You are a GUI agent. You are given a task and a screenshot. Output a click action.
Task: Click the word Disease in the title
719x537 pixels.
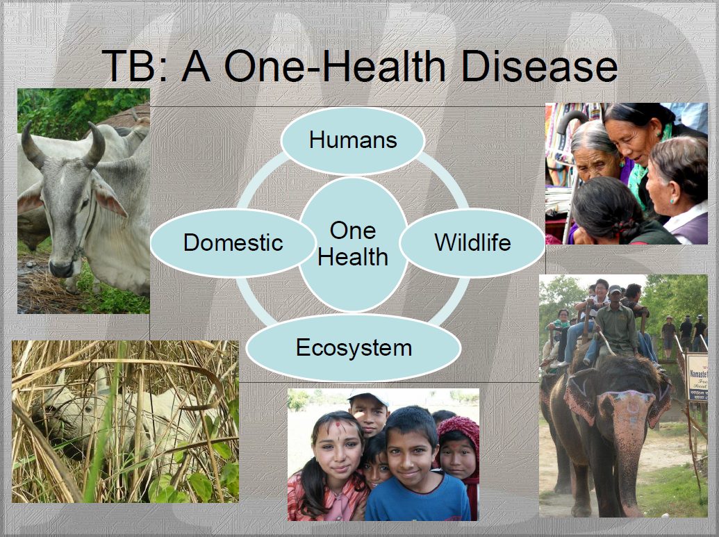pyautogui.click(x=539, y=67)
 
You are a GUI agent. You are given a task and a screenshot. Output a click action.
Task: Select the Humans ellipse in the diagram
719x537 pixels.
pyautogui.click(x=353, y=140)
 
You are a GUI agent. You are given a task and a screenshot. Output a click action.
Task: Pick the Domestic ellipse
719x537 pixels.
pyautogui.click(x=233, y=242)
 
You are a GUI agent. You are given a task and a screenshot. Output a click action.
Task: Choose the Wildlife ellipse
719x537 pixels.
pyautogui.click(x=472, y=242)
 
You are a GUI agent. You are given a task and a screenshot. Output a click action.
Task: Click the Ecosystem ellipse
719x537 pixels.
pyautogui.click(x=353, y=347)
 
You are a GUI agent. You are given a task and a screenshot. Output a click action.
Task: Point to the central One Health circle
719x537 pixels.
pyautogui.click(x=353, y=244)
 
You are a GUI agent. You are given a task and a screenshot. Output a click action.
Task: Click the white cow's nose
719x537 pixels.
pyautogui.click(x=61, y=268)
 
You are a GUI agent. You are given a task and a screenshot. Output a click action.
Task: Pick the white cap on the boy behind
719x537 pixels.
pyautogui.click(x=367, y=396)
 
